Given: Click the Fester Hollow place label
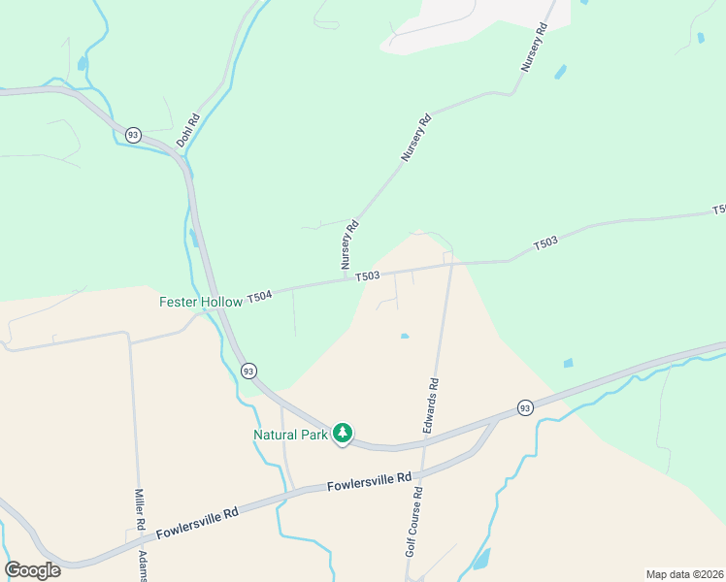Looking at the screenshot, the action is pyautogui.click(x=201, y=302).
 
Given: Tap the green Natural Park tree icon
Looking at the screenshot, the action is pyautogui.click(x=342, y=434).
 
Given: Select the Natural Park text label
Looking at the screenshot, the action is pyautogui.click(x=290, y=435).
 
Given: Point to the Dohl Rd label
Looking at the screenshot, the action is pyautogui.click(x=187, y=132).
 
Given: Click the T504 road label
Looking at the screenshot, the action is pyautogui.click(x=259, y=296).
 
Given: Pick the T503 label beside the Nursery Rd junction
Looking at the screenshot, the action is pyautogui.click(x=367, y=276).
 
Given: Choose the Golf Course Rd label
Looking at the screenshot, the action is pyautogui.click(x=414, y=521).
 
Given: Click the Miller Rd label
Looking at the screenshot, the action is pyautogui.click(x=141, y=508).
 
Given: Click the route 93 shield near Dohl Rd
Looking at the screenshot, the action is pyautogui.click(x=133, y=134).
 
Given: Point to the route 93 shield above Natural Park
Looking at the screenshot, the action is pyautogui.click(x=249, y=372).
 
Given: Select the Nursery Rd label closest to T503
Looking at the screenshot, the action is pyautogui.click(x=349, y=244).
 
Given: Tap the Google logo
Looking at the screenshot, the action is pyautogui.click(x=32, y=570).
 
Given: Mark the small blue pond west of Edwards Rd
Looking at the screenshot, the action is pyautogui.click(x=404, y=337).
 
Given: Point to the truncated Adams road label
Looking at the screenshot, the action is pyautogui.click(x=143, y=566).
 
